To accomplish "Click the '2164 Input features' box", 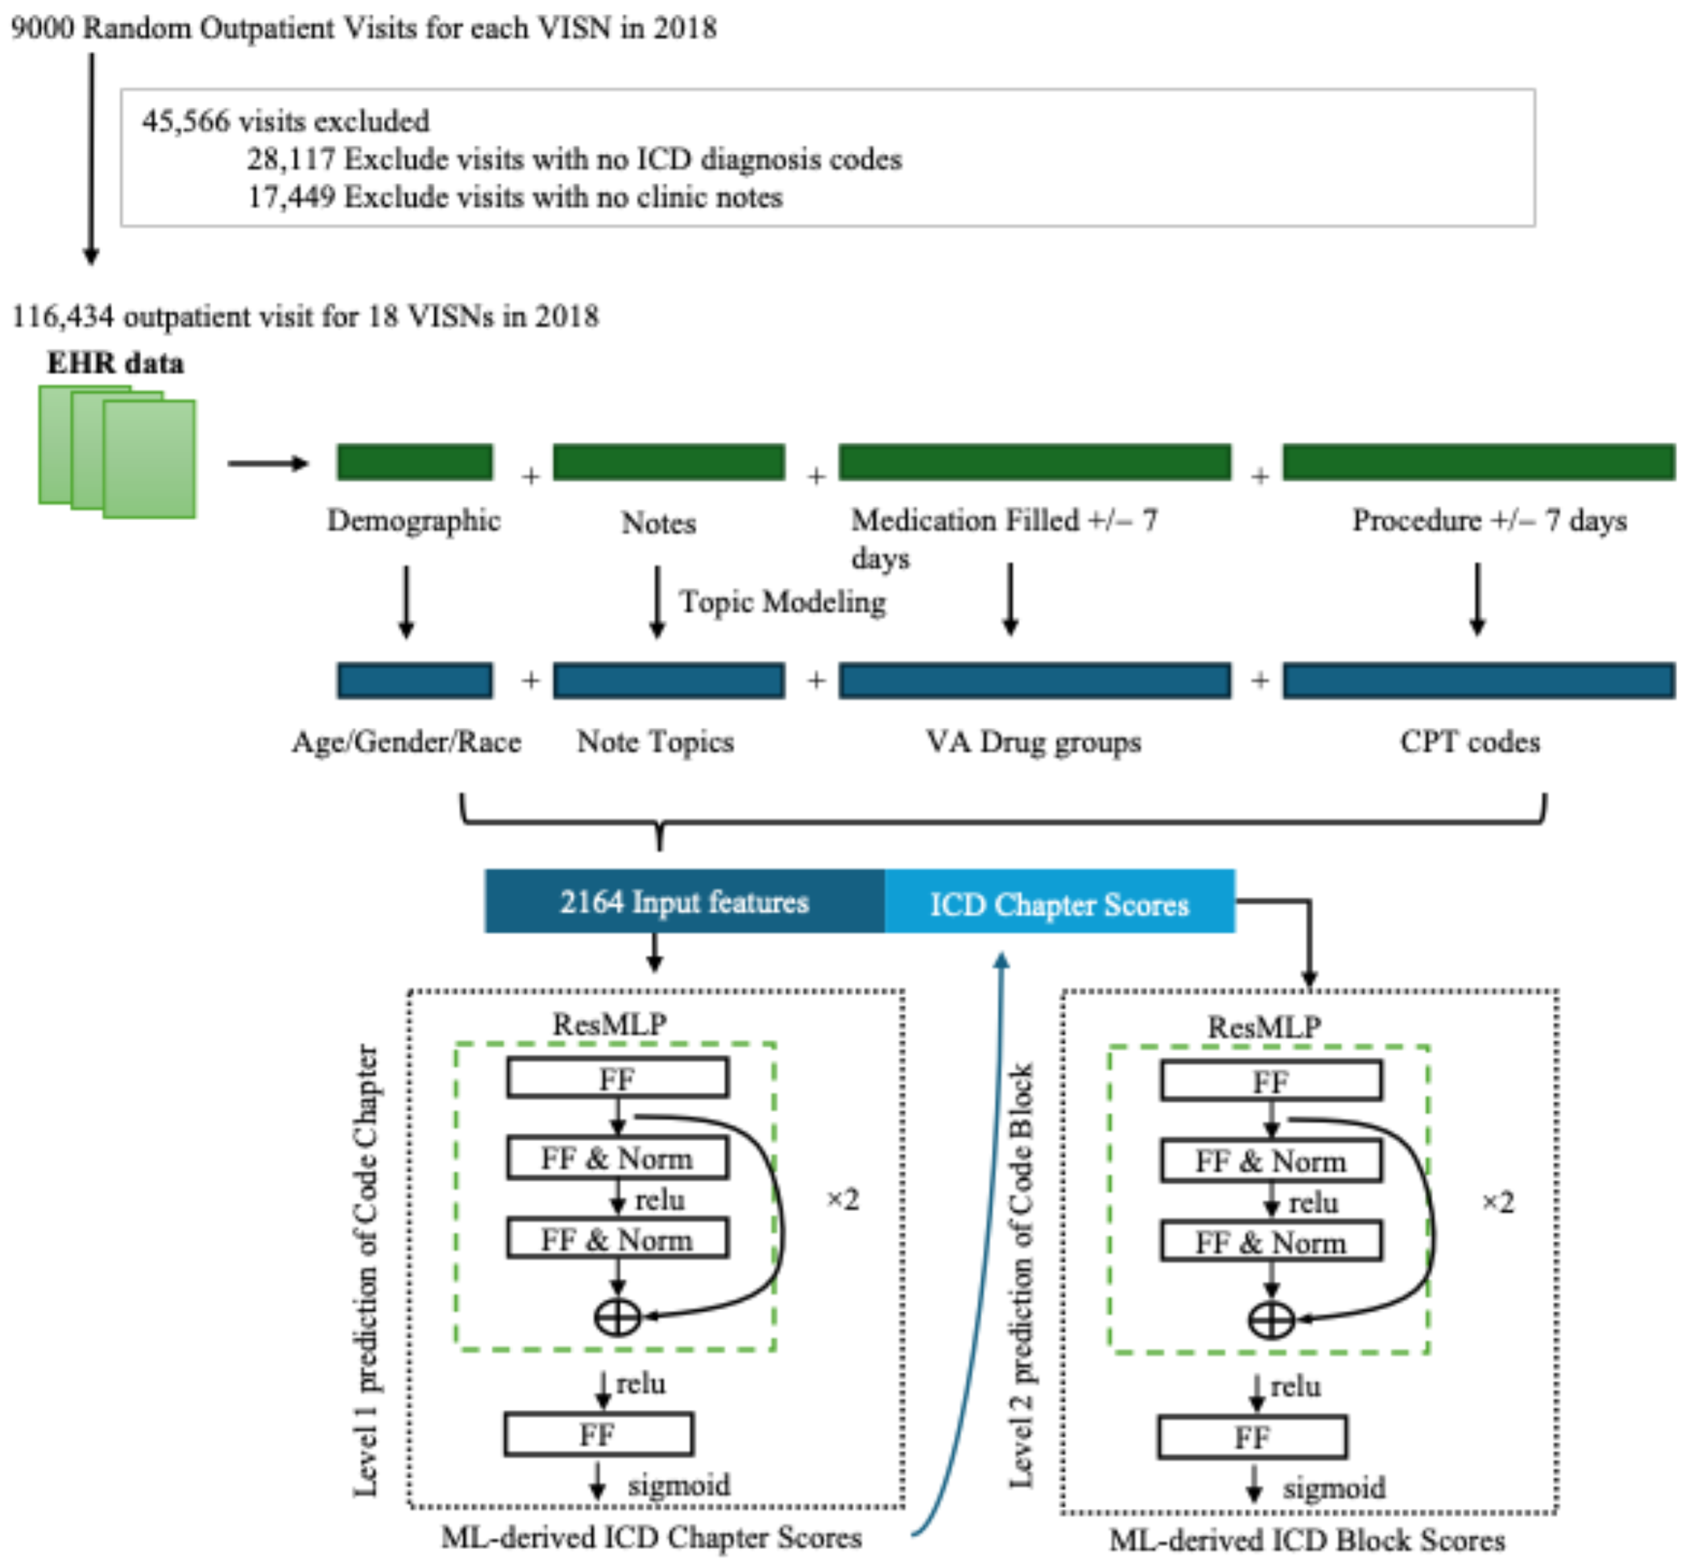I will [684, 901].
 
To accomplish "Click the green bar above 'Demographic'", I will [415, 462].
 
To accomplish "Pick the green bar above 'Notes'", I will [668, 462].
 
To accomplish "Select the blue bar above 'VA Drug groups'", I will [1034, 681].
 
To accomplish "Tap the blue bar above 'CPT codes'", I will [1478, 681].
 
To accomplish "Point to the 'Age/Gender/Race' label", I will [406, 742].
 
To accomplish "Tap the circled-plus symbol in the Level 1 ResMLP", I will [617, 1317].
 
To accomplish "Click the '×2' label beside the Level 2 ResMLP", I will [1497, 1202].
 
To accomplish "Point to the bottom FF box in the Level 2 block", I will [1252, 1437].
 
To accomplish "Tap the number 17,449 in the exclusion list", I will [290, 197].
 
